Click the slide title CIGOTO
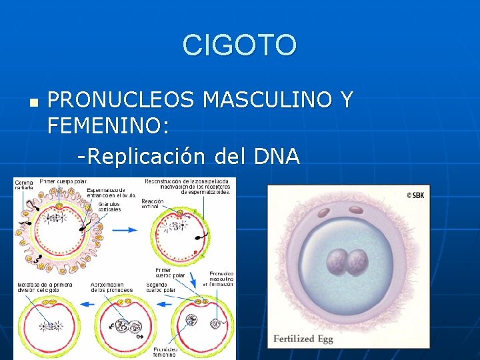(x=239, y=45)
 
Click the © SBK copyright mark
(x=415, y=195)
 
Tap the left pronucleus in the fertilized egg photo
(x=337, y=262)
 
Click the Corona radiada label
(x=24, y=185)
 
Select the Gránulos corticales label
(x=109, y=206)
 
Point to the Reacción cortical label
(x=152, y=203)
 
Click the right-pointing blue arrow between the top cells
(x=125, y=230)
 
